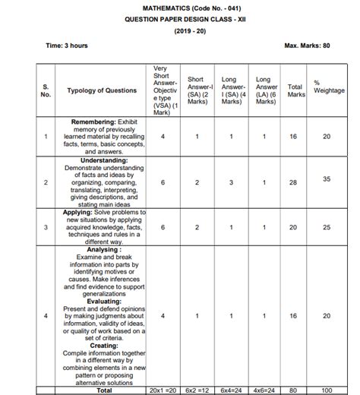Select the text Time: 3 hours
pyautogui.click(x=67, y=45)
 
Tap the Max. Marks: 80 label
pyautogui.click(x=307, y=45)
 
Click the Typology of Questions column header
pyautogui.click(x=102, y=90)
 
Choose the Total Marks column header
pyautogui.click(x=296, y=90)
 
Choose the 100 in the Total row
pyautogui.click(x=327, y=390)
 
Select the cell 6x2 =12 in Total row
pyautogui.click(x=196, y=390)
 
